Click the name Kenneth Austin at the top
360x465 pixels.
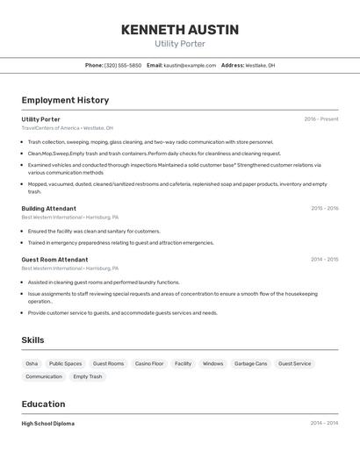(x=179, y=30)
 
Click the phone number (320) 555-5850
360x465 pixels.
(x=123, y=65)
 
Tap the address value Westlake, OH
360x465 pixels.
(x=260, y=65)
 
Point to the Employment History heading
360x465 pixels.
(x=65, y=100)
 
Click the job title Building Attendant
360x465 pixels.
(x=48, y=209)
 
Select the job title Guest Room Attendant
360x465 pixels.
(x=54, y=260)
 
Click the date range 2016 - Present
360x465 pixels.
(x=320, y=119)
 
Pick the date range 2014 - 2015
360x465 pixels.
(x=324, y=260)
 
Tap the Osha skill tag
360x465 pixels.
(x=32, y=363)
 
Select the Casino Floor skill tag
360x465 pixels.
(x=148, y=363)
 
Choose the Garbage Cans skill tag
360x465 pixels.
(x=250, y=363)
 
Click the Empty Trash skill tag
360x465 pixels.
(x=87, y=376)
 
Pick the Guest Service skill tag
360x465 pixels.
(x=294, y=363)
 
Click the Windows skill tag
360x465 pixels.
(x=212, y=363)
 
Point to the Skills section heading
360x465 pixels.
(x=32, y=340)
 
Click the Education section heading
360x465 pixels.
(x=43, y=404)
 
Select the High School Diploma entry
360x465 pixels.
(x=47, y=423)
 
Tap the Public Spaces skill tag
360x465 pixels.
(x=65, y=363)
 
